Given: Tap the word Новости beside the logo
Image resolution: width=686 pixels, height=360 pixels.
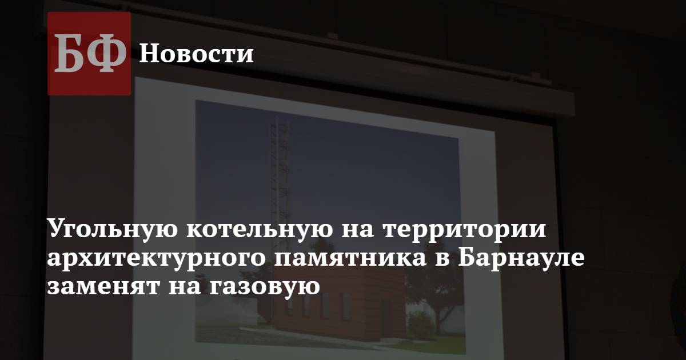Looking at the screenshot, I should [x=197, y=54].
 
